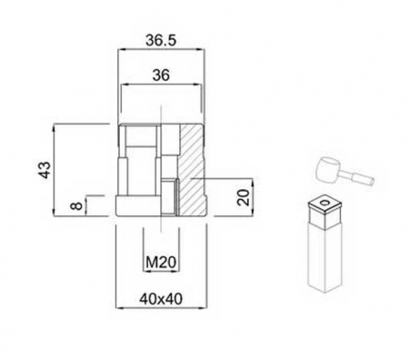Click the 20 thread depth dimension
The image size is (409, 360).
[241, 198]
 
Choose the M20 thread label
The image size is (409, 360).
[160, 264]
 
